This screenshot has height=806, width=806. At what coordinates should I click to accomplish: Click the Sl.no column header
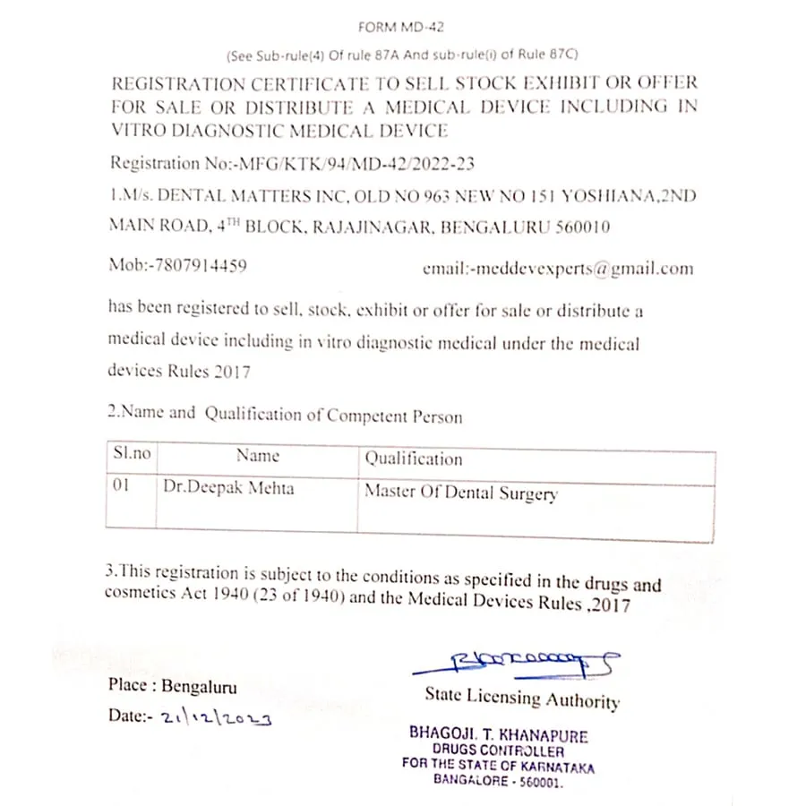pos(132,454)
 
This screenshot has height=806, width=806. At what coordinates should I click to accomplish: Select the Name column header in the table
pos(258,456)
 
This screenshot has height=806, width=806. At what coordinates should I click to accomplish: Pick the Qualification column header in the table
pos(413,459)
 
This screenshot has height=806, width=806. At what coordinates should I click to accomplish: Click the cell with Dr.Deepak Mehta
pos(228,488)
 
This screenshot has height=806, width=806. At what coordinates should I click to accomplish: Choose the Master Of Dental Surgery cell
pos(461,493)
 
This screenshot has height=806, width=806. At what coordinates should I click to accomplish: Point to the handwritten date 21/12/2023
pos(216,716)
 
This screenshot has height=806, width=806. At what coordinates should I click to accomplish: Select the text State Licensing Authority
pos(522,698)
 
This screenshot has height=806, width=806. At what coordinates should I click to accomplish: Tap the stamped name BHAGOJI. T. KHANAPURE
pos(499,735)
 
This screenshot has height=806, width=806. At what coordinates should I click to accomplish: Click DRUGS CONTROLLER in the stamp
pos(498,750)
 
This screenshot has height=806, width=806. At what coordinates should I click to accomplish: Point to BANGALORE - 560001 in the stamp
pos(498,780)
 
